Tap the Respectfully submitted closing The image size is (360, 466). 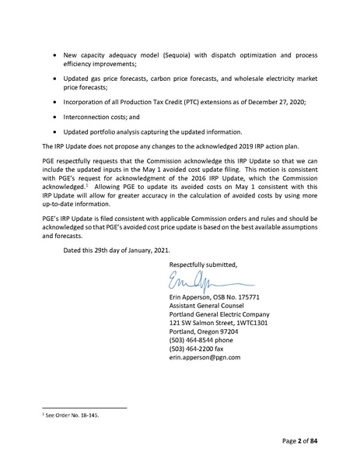pos(203,265)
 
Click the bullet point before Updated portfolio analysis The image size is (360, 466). pos(53,131)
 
